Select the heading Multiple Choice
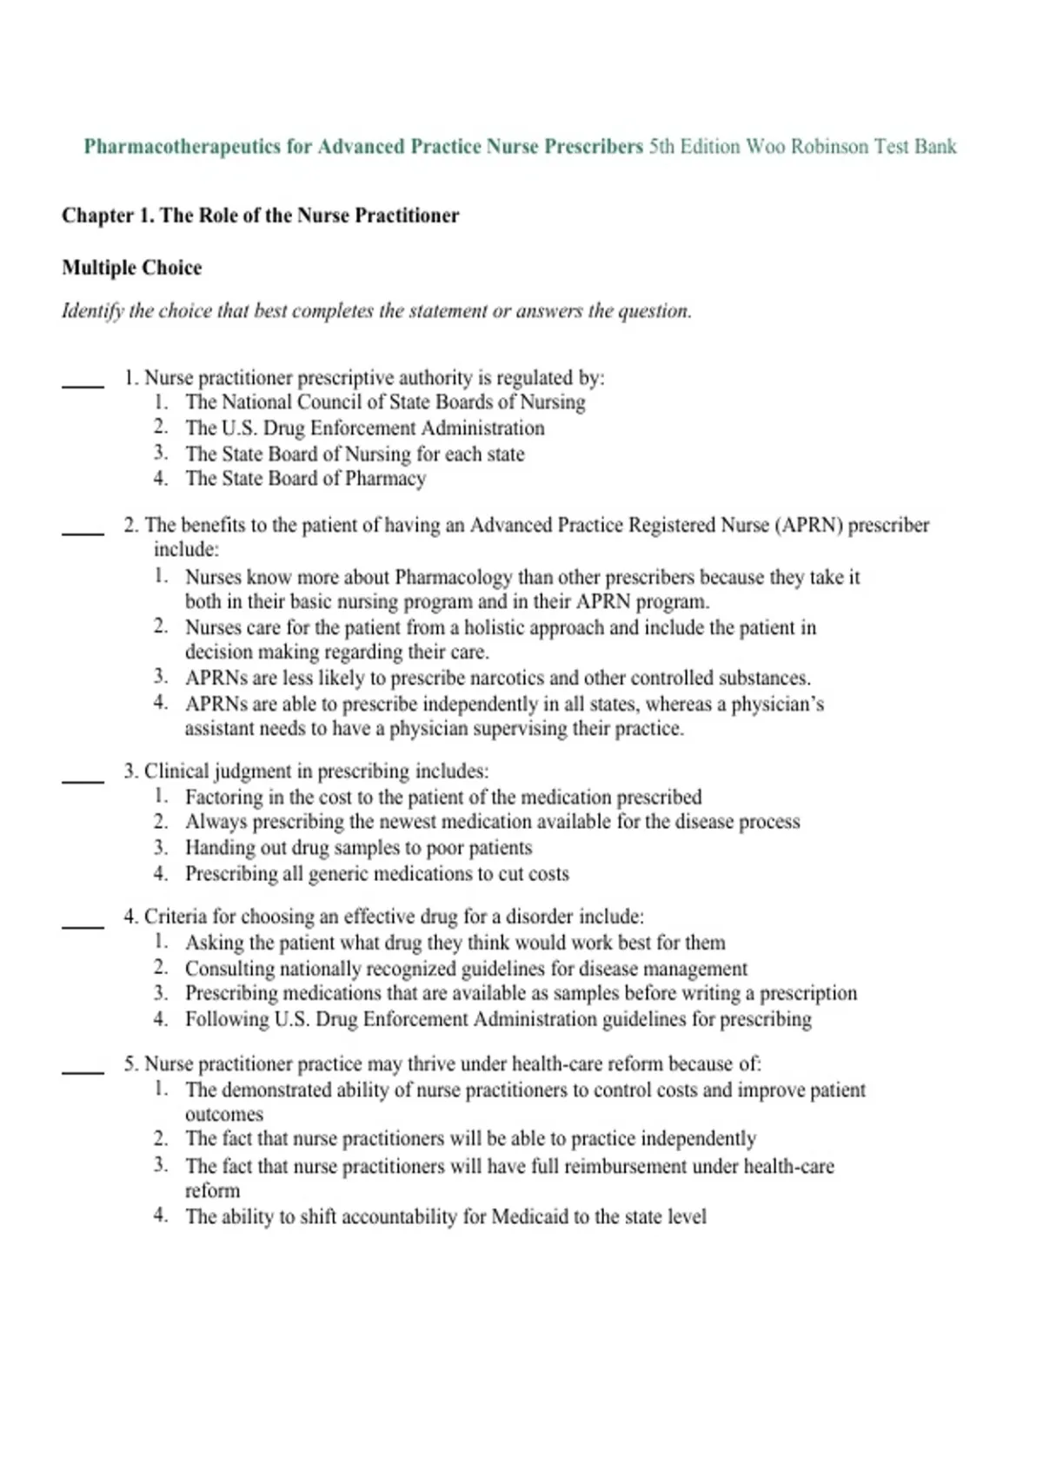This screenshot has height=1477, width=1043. tap(131, 268)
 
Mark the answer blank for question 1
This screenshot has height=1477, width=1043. tap(83, 383)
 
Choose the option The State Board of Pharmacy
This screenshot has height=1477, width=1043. tap(305, 479)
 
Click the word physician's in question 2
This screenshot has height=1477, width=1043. tap(777, 704)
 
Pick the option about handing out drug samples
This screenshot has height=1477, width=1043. tap(358, 848)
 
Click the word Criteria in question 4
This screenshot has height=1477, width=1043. tap(172, 917)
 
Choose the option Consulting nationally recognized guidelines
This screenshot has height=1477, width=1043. tap(466, 969)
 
